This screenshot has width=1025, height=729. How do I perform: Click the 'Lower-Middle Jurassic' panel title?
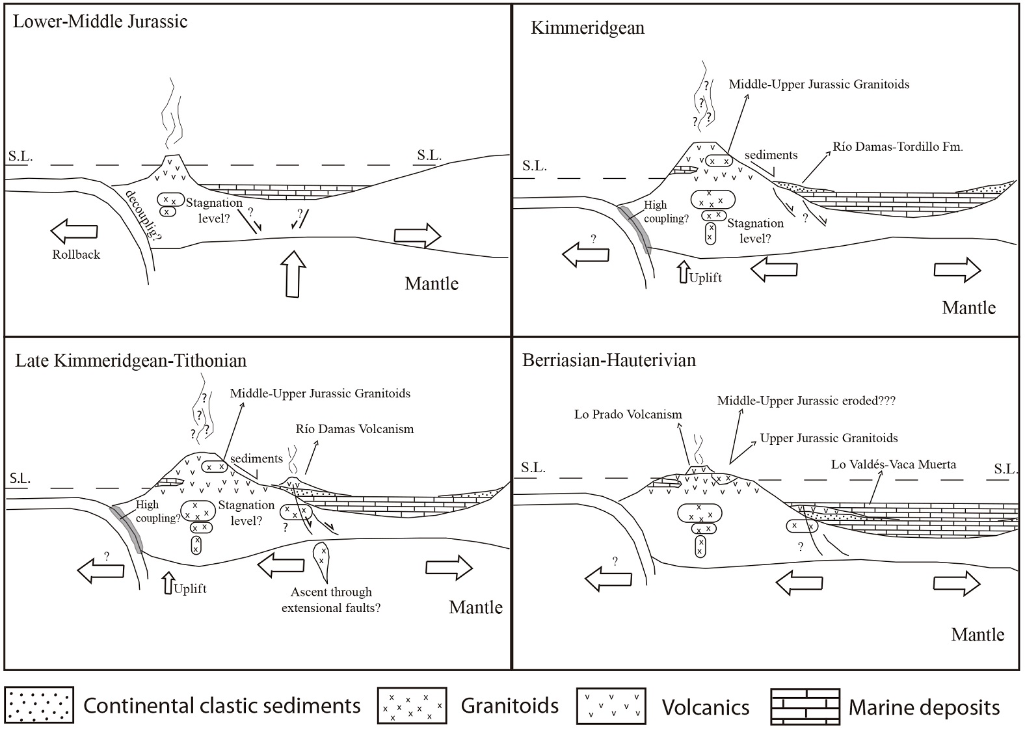pyautogui.click(x=100, y=21)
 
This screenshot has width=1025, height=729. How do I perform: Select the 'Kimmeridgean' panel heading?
pyautogui.click(x=587, y=28)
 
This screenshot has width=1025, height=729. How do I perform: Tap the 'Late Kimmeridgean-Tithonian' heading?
pyautogui.click(x=131, y=360)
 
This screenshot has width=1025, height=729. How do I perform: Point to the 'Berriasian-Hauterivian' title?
pyautogui.click(x=609, y=360)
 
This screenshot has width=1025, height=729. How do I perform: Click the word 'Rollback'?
pyautogui.click(x=76, y=255)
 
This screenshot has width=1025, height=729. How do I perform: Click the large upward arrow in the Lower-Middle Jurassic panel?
pyautogui.click(x=293, y=272)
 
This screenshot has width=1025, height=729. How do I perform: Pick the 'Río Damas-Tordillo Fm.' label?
pyautogui.click(x=898, y=147)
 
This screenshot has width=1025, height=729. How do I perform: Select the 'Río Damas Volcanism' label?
pyautogui.click(x=354, y=429)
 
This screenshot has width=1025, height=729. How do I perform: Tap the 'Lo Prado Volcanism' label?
pyautogui.click(x=628, y=414)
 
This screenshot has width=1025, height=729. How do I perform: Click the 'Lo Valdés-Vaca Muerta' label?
pyautogui.click(x=894, y=464)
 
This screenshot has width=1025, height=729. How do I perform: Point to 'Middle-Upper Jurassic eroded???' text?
pyautogui.click(x=806, y=401)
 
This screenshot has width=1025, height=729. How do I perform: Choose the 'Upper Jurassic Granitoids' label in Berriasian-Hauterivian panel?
pyautogui.click(x=829, y=438)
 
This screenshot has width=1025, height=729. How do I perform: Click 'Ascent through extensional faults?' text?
pyautogui.click(x=331, y=600)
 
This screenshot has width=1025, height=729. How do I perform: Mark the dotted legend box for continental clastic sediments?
pyautogui.click(x=40, y=706)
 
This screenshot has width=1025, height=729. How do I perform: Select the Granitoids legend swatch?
pyautogui.click(x=412, y=706)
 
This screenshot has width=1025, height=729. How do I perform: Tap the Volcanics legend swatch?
pyautogui.click(x=611, y=706)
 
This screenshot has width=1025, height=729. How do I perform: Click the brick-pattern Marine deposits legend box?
pyautogui.click(x=804, y=706)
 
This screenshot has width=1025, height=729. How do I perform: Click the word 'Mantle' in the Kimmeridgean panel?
pyautogui.click(x=968, y=308)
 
